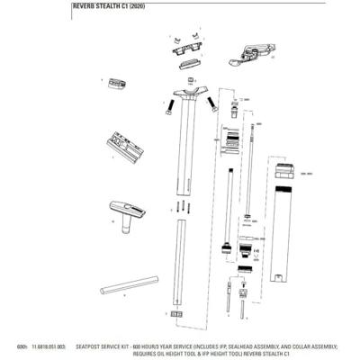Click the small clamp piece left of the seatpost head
114,84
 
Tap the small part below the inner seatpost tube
176,315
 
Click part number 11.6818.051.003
50,346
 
